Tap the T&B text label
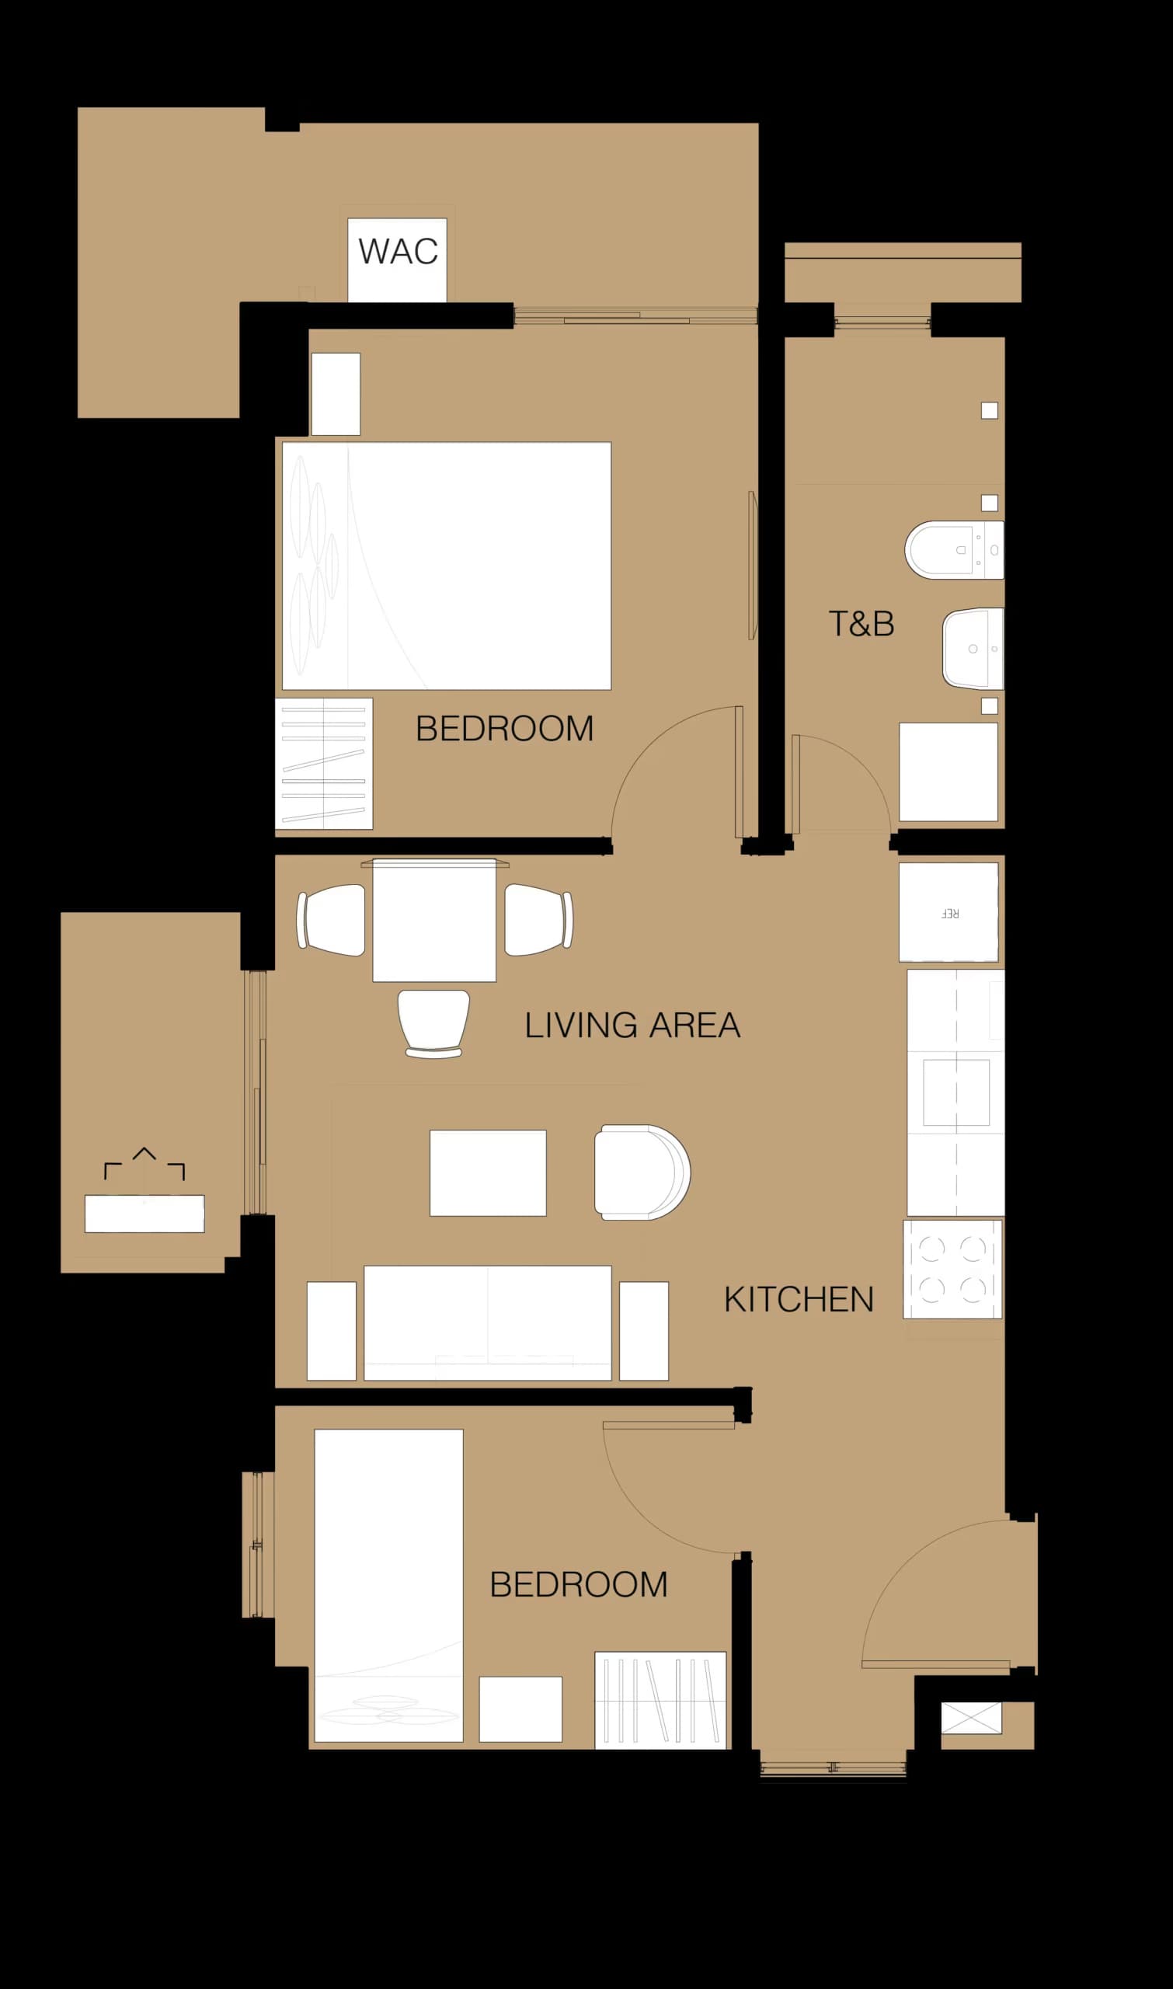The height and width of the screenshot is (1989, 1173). [x=861, y=624]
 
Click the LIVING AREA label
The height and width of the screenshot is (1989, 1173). [x=632, y=1026]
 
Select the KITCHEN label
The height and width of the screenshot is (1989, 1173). [x=799, y=1300]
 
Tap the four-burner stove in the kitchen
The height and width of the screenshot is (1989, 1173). [x=952, y=1268]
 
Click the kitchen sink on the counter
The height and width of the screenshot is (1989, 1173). [x=955, y=1092]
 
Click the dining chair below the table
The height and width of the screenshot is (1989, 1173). [x=433, y=1022]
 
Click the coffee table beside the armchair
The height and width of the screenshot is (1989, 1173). [x=488, y=1172]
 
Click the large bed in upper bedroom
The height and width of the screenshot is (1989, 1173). [x=447, y=566]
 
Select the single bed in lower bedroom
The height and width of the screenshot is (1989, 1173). [x=388, y=1585]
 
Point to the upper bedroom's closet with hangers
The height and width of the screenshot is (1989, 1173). [x=323, y=763]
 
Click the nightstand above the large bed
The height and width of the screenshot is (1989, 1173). [x=335, y=393]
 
